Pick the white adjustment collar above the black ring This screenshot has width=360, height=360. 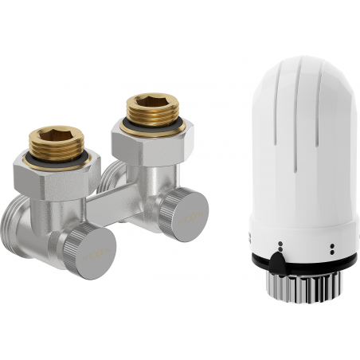pos(303,244)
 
